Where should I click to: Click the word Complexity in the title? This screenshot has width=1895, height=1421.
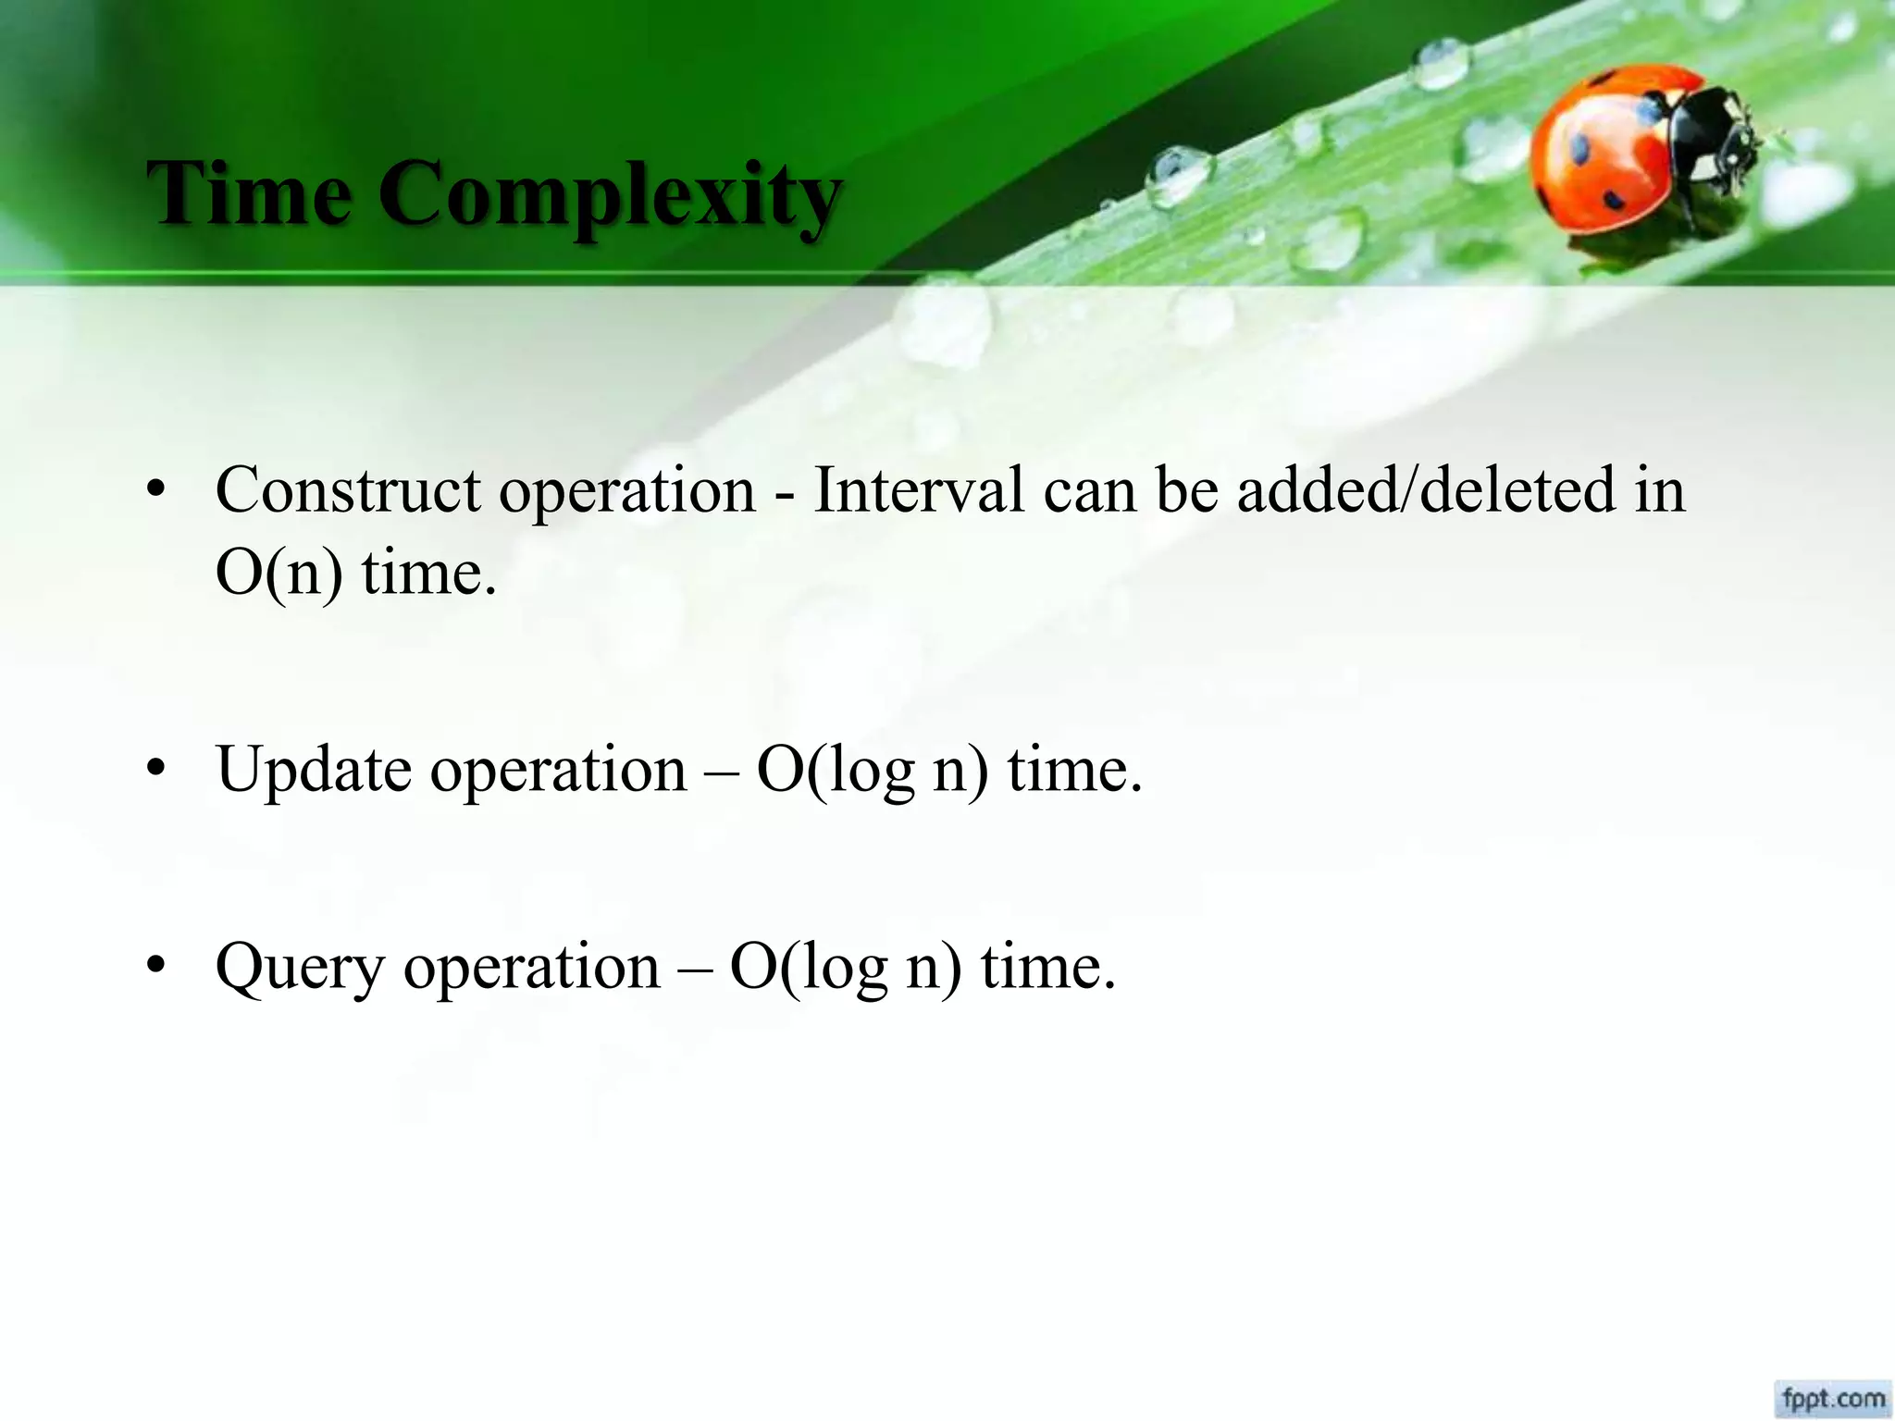(611, 196)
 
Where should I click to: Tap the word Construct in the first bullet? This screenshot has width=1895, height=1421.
(347, 489)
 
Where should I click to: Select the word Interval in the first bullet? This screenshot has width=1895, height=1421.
(918, 489)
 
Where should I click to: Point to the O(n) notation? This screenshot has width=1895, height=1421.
(279, 573)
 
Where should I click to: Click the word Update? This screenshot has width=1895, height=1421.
(314, 770)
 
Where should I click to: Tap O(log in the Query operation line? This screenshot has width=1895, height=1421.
(808, 968)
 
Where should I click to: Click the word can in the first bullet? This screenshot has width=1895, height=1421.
(1089, 489)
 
